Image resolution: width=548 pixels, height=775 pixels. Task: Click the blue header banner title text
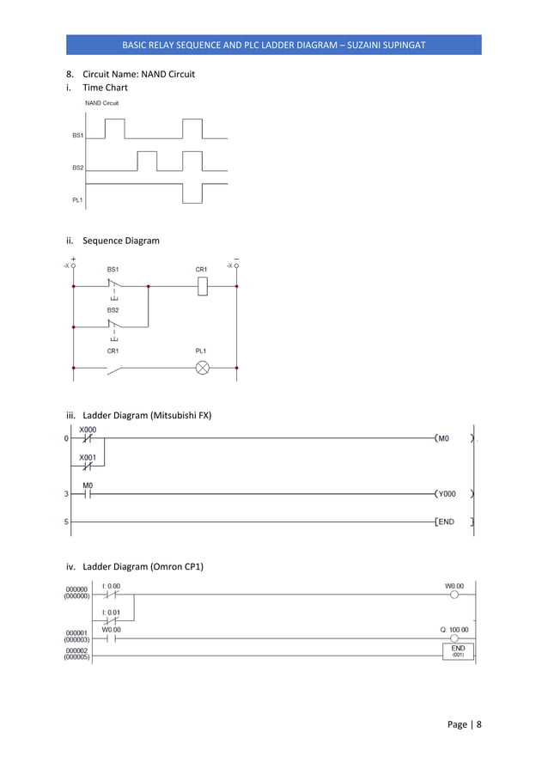[274, 45]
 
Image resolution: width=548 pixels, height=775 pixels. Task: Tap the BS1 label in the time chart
[77, 136]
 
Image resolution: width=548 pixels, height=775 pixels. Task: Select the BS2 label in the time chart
[77, 168]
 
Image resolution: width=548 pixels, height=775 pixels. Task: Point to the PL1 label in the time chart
[77, 199]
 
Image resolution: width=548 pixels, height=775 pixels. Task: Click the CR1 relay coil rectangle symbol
[203, 288]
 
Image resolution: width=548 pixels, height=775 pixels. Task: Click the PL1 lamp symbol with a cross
[204, 368]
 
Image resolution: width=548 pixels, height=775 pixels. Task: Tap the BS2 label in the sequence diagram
[113, 308]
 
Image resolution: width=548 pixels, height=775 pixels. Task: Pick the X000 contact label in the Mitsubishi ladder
[88, 429]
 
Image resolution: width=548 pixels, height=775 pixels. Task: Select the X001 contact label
[88, 458]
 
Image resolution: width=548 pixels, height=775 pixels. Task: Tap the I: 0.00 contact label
[111, 586]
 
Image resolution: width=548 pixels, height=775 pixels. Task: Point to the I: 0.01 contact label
[111, 612]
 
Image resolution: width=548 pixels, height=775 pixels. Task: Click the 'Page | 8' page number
[465, 724]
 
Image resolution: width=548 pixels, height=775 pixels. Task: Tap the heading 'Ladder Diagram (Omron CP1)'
[143, 566]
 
